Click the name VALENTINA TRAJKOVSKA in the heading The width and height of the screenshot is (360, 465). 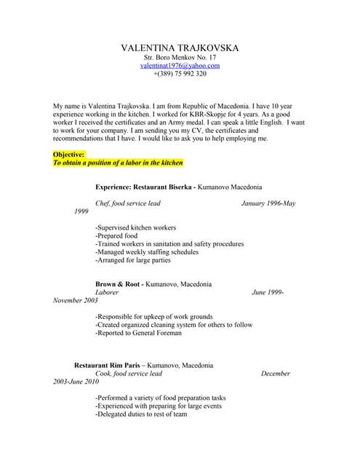click(x=180, y=48)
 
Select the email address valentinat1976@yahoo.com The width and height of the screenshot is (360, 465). click(x=180, y=65)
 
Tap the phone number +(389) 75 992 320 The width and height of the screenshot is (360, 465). click(x=180, y=73)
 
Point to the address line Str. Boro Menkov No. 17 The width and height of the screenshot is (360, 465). click(x=180, y=57)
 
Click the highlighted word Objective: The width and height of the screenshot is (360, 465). click(x=69, y=155)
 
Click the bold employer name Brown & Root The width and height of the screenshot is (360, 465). click(x=119, y=284)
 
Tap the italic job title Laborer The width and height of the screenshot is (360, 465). click(x=107, y=292)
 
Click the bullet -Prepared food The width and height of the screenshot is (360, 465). click(x=116, y=235)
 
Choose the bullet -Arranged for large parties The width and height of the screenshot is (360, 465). click(x=133, y=260)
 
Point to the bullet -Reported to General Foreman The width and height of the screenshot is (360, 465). click(x=148, y=333)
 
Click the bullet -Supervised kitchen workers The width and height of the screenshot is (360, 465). click(x=135, y=227)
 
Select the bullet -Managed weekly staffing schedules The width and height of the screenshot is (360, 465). click(x=147, y=252)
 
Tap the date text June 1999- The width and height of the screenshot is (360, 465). click(x=268, y=292)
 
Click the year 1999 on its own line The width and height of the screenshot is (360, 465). click(x=82, y=211)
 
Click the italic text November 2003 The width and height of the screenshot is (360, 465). click(x=76, y=300)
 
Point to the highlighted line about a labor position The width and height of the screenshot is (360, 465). click(x=118, y=163)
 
